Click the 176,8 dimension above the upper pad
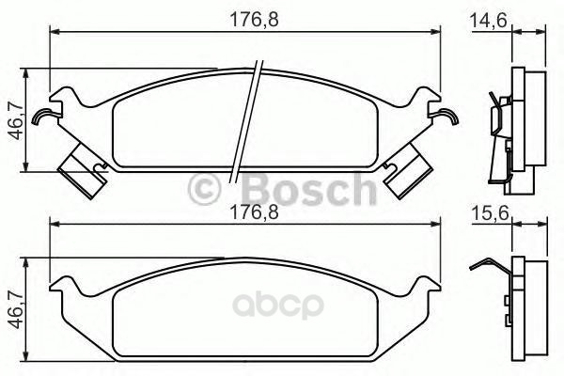pos(255,20)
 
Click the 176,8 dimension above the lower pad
pos(255,212)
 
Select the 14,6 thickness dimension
pos(489,20)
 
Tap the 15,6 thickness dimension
pos(490,213)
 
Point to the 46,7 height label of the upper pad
pos(16,121)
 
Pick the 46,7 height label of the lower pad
pos(16,311)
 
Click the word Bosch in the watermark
pos(310,189)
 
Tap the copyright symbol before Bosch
pos(204,189)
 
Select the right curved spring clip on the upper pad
pos(445,116)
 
